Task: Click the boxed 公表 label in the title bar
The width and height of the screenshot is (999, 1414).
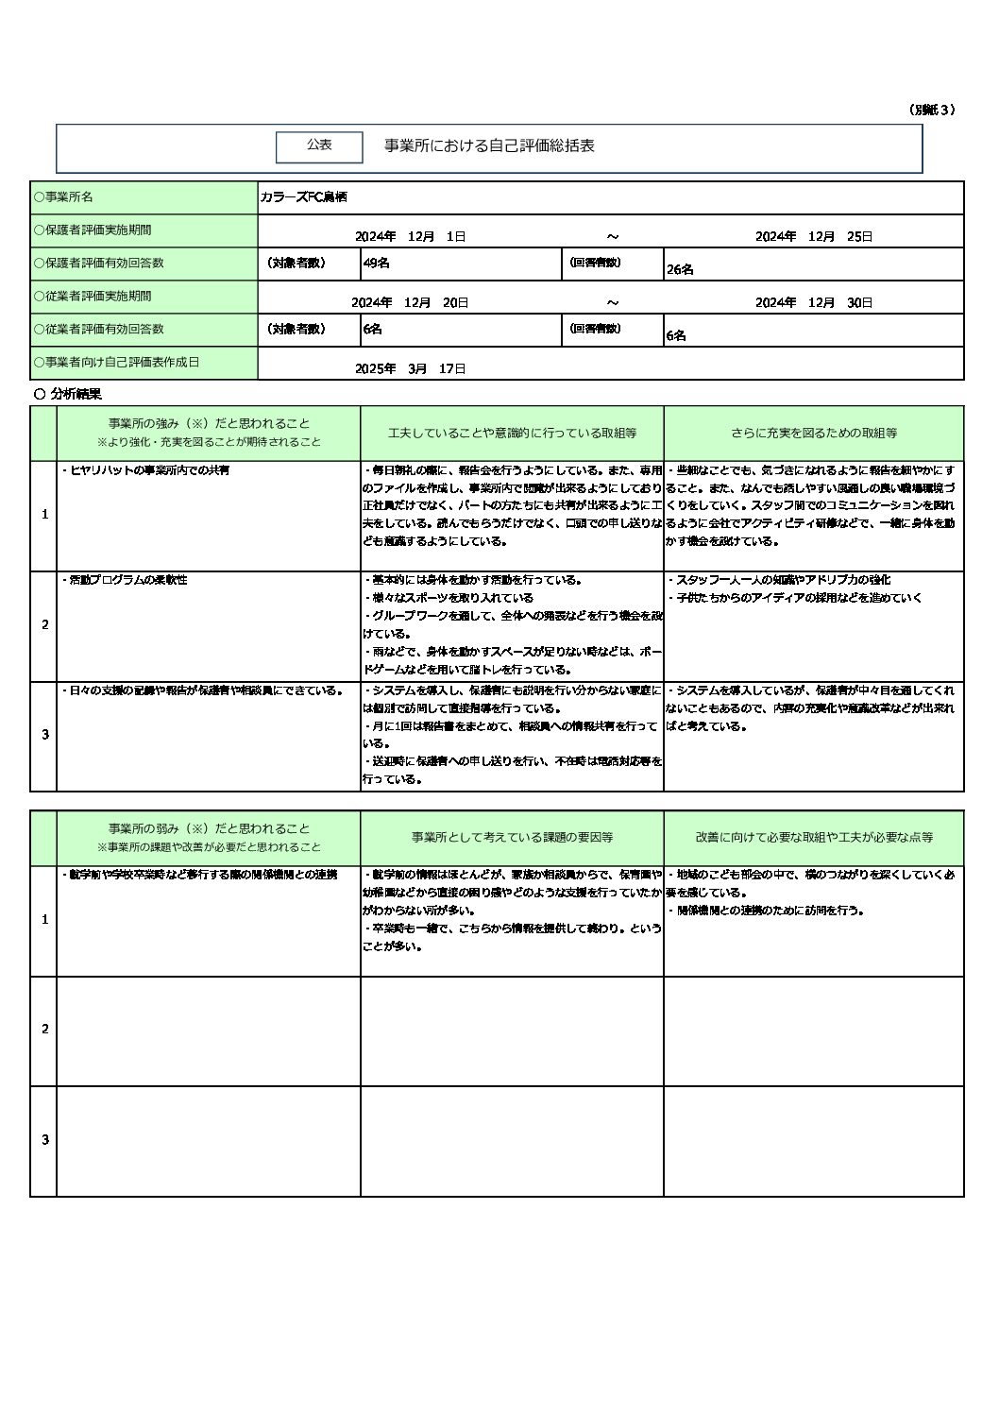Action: click(x=319, y=145)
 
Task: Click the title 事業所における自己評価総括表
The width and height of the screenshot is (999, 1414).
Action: click(x=489, y=146)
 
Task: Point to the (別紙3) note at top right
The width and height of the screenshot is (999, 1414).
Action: click(x=933, y=110)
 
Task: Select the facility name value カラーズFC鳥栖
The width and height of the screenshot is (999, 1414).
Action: click(x=303, y=197)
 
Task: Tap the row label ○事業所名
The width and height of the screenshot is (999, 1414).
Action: click(x=63, y=197)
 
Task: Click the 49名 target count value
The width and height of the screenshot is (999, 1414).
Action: click(x=376, y=264)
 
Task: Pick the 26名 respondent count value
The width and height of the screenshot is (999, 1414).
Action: click(x=680, y=269)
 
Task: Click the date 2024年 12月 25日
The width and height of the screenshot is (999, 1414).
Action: click(x=813, y=236)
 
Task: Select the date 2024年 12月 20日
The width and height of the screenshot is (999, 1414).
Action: click(x=410, y=302)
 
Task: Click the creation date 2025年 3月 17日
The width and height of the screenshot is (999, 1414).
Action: click(x=410, y=368)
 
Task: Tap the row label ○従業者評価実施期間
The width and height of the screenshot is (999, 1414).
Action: click(x=92, y=296)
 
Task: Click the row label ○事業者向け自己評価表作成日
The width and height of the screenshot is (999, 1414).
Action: click(x=116, y=362)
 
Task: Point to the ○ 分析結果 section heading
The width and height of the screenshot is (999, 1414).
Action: click(x=67, y=394)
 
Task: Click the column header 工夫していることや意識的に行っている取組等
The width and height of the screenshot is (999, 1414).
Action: click(x=512, y=434)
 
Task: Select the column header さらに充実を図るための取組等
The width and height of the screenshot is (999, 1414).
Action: click(x=813, y=434)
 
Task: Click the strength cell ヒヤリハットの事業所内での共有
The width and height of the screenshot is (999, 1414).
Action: click(x=146, y=469)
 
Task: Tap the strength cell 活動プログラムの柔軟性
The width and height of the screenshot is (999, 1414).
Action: click(x=125, y=580)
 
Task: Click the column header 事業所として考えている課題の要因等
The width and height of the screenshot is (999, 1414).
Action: click(x=512, y=838)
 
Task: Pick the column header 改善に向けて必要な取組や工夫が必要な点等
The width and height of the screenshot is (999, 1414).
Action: click(x=814, y=838)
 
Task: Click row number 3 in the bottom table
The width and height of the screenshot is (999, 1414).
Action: click(x=44, y=1140)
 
